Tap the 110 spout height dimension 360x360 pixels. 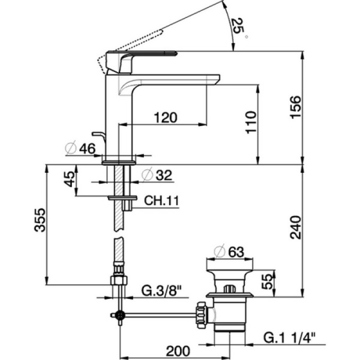point(251,122)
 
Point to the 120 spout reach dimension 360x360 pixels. point(165,117)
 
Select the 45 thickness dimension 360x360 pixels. point(70,179)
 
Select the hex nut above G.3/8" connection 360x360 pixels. point(119,280)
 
